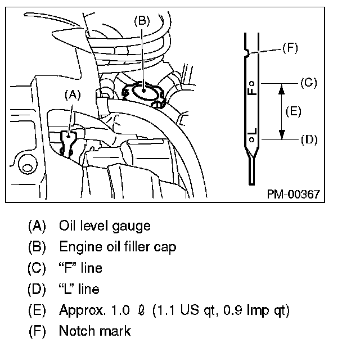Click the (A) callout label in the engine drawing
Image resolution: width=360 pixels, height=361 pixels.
(73, 96)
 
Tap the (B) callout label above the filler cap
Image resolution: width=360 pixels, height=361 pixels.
(142, 21)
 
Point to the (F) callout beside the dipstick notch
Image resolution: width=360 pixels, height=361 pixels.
(290, 48)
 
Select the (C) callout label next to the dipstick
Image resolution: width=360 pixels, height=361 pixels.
(309, 83)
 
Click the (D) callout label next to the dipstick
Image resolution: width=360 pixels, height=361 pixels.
(309, 140)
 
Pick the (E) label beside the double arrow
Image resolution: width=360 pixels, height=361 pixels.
(293, 111)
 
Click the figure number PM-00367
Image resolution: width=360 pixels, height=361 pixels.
(294, 194)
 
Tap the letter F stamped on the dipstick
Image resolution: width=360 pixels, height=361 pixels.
(252, 91)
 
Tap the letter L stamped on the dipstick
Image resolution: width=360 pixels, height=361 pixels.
(252, 132)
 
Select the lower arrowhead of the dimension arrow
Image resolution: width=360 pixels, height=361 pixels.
(282, 134)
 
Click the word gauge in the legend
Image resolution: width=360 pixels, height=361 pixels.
(131, 226)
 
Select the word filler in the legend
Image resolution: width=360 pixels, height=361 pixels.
(137, 246)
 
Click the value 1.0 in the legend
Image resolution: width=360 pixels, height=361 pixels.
(120, 310)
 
